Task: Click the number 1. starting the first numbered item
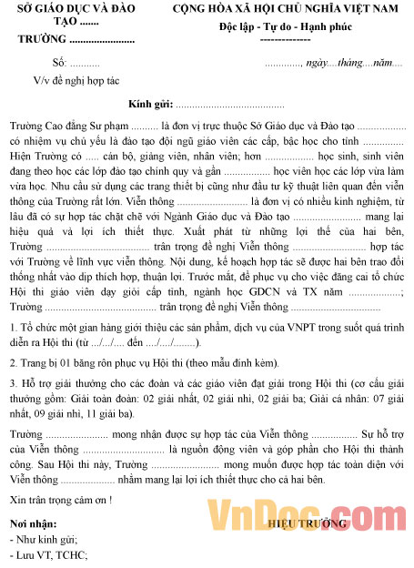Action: tap(13, 326)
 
